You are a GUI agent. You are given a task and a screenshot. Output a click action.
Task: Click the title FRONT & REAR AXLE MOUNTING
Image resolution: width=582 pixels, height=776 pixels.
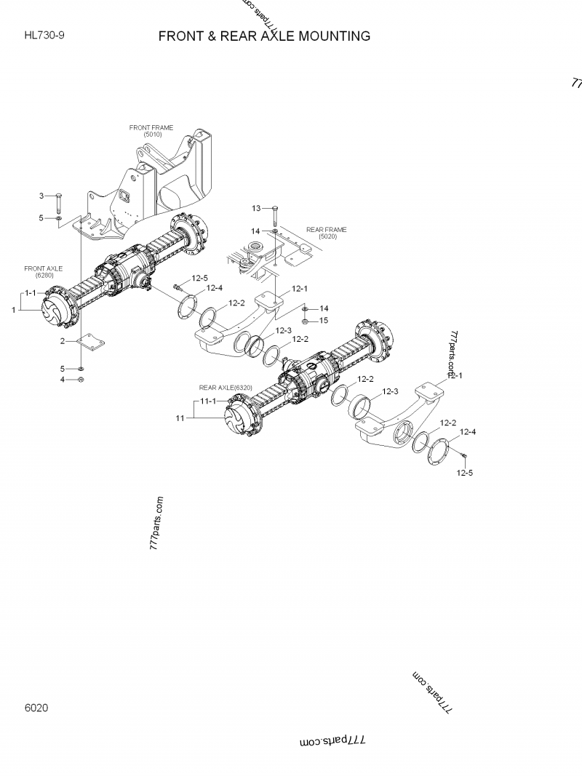(264, 36)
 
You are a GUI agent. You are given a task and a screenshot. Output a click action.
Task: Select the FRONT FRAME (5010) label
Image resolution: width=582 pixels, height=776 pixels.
(151, 131)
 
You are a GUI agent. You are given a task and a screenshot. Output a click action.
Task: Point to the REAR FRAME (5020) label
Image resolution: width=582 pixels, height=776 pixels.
(326, 233)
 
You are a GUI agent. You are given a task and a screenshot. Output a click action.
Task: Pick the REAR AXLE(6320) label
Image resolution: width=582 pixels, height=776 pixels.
(226, 388)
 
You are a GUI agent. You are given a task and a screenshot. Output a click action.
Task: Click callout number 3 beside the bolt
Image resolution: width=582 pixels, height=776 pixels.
(41, 196)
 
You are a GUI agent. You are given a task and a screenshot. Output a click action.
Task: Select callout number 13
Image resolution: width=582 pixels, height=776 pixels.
(256, 209)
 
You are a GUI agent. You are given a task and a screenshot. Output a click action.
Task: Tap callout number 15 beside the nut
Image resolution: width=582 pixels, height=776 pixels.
(324, 320)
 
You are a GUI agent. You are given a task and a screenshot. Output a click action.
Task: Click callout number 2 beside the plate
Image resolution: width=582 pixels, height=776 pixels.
(63, 340)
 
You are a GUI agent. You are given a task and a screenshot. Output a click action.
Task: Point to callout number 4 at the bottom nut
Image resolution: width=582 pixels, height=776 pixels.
(63, 380)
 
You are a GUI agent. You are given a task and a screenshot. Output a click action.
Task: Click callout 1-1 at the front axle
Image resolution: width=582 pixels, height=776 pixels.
(31, 292)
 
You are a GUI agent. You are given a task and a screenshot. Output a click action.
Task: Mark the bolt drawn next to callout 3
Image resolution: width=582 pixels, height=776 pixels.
(58, 200)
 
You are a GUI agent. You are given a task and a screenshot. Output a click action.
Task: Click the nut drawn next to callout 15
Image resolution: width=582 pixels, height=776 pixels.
(305, 320)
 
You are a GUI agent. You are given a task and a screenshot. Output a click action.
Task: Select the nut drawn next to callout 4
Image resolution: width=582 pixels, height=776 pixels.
(81, 380)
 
